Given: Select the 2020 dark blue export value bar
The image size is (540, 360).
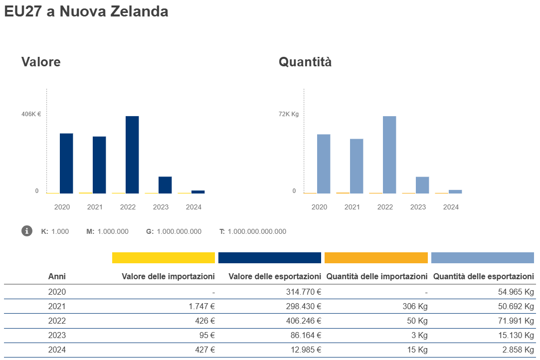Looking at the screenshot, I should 66,163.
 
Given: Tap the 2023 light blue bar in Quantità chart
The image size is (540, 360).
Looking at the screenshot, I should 422,185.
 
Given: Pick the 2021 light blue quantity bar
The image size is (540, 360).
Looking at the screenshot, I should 357,166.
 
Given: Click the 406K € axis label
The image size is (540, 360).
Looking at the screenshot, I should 31,114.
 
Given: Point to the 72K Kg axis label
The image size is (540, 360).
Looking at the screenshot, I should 289,114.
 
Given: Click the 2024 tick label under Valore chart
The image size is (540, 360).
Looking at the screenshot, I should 193,207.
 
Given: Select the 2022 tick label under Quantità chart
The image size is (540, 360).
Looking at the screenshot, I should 385,207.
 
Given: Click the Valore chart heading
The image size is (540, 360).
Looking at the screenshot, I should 41,62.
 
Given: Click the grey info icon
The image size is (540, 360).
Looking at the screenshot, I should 27,231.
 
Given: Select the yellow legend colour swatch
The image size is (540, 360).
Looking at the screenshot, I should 164,257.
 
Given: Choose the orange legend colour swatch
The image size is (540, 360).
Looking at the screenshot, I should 376,257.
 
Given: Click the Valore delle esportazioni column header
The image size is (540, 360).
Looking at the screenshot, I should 275,276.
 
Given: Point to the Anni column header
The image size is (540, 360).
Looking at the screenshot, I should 57,276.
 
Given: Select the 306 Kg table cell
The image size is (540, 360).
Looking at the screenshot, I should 415,307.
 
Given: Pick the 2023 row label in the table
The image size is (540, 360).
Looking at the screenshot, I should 57,336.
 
